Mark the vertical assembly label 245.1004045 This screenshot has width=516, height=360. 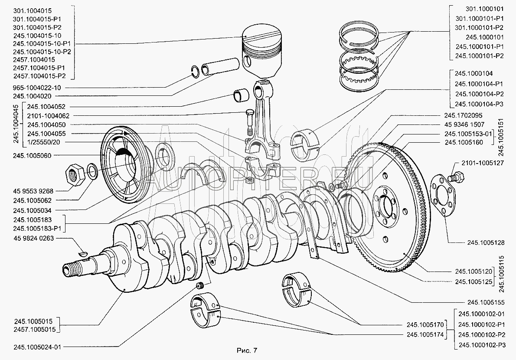(16, 124)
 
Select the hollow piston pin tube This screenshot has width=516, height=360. (221, 68)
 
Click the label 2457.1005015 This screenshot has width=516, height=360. (33, 330)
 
